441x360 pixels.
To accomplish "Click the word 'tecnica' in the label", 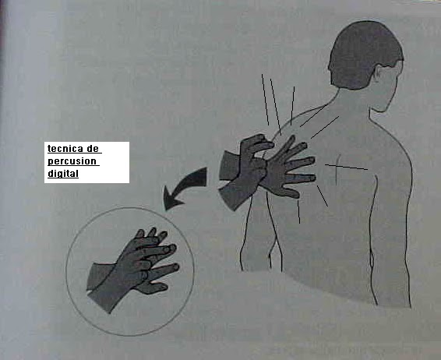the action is pos(65,148).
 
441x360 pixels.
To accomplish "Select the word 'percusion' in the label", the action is pos(72,161).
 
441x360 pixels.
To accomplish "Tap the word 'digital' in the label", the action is pos(63,173).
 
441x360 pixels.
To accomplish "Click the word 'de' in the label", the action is pos(93,148).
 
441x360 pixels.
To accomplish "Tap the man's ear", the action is pos(379,76).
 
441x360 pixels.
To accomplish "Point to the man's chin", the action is pos(379,109).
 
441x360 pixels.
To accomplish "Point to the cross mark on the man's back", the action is pos(337,167).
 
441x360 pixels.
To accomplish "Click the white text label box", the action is pos(86,162).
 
